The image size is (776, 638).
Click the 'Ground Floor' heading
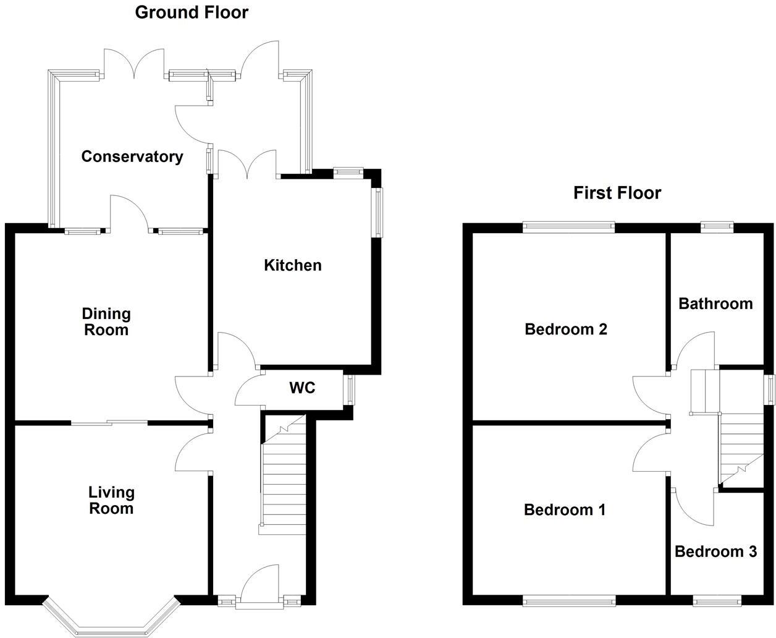192,12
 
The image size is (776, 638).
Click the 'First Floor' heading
617,193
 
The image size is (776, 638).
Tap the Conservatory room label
132,157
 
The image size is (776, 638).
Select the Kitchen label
293,265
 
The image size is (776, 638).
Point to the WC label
302,388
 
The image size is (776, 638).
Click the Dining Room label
107,321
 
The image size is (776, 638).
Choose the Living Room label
111,500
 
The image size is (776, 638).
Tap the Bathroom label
715,304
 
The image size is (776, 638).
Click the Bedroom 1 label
564,510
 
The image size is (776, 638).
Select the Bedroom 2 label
565,330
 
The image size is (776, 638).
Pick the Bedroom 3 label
715,551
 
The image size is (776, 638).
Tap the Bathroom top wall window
717,228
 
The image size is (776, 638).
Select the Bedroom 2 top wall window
568,228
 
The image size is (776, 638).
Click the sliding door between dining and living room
109,423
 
